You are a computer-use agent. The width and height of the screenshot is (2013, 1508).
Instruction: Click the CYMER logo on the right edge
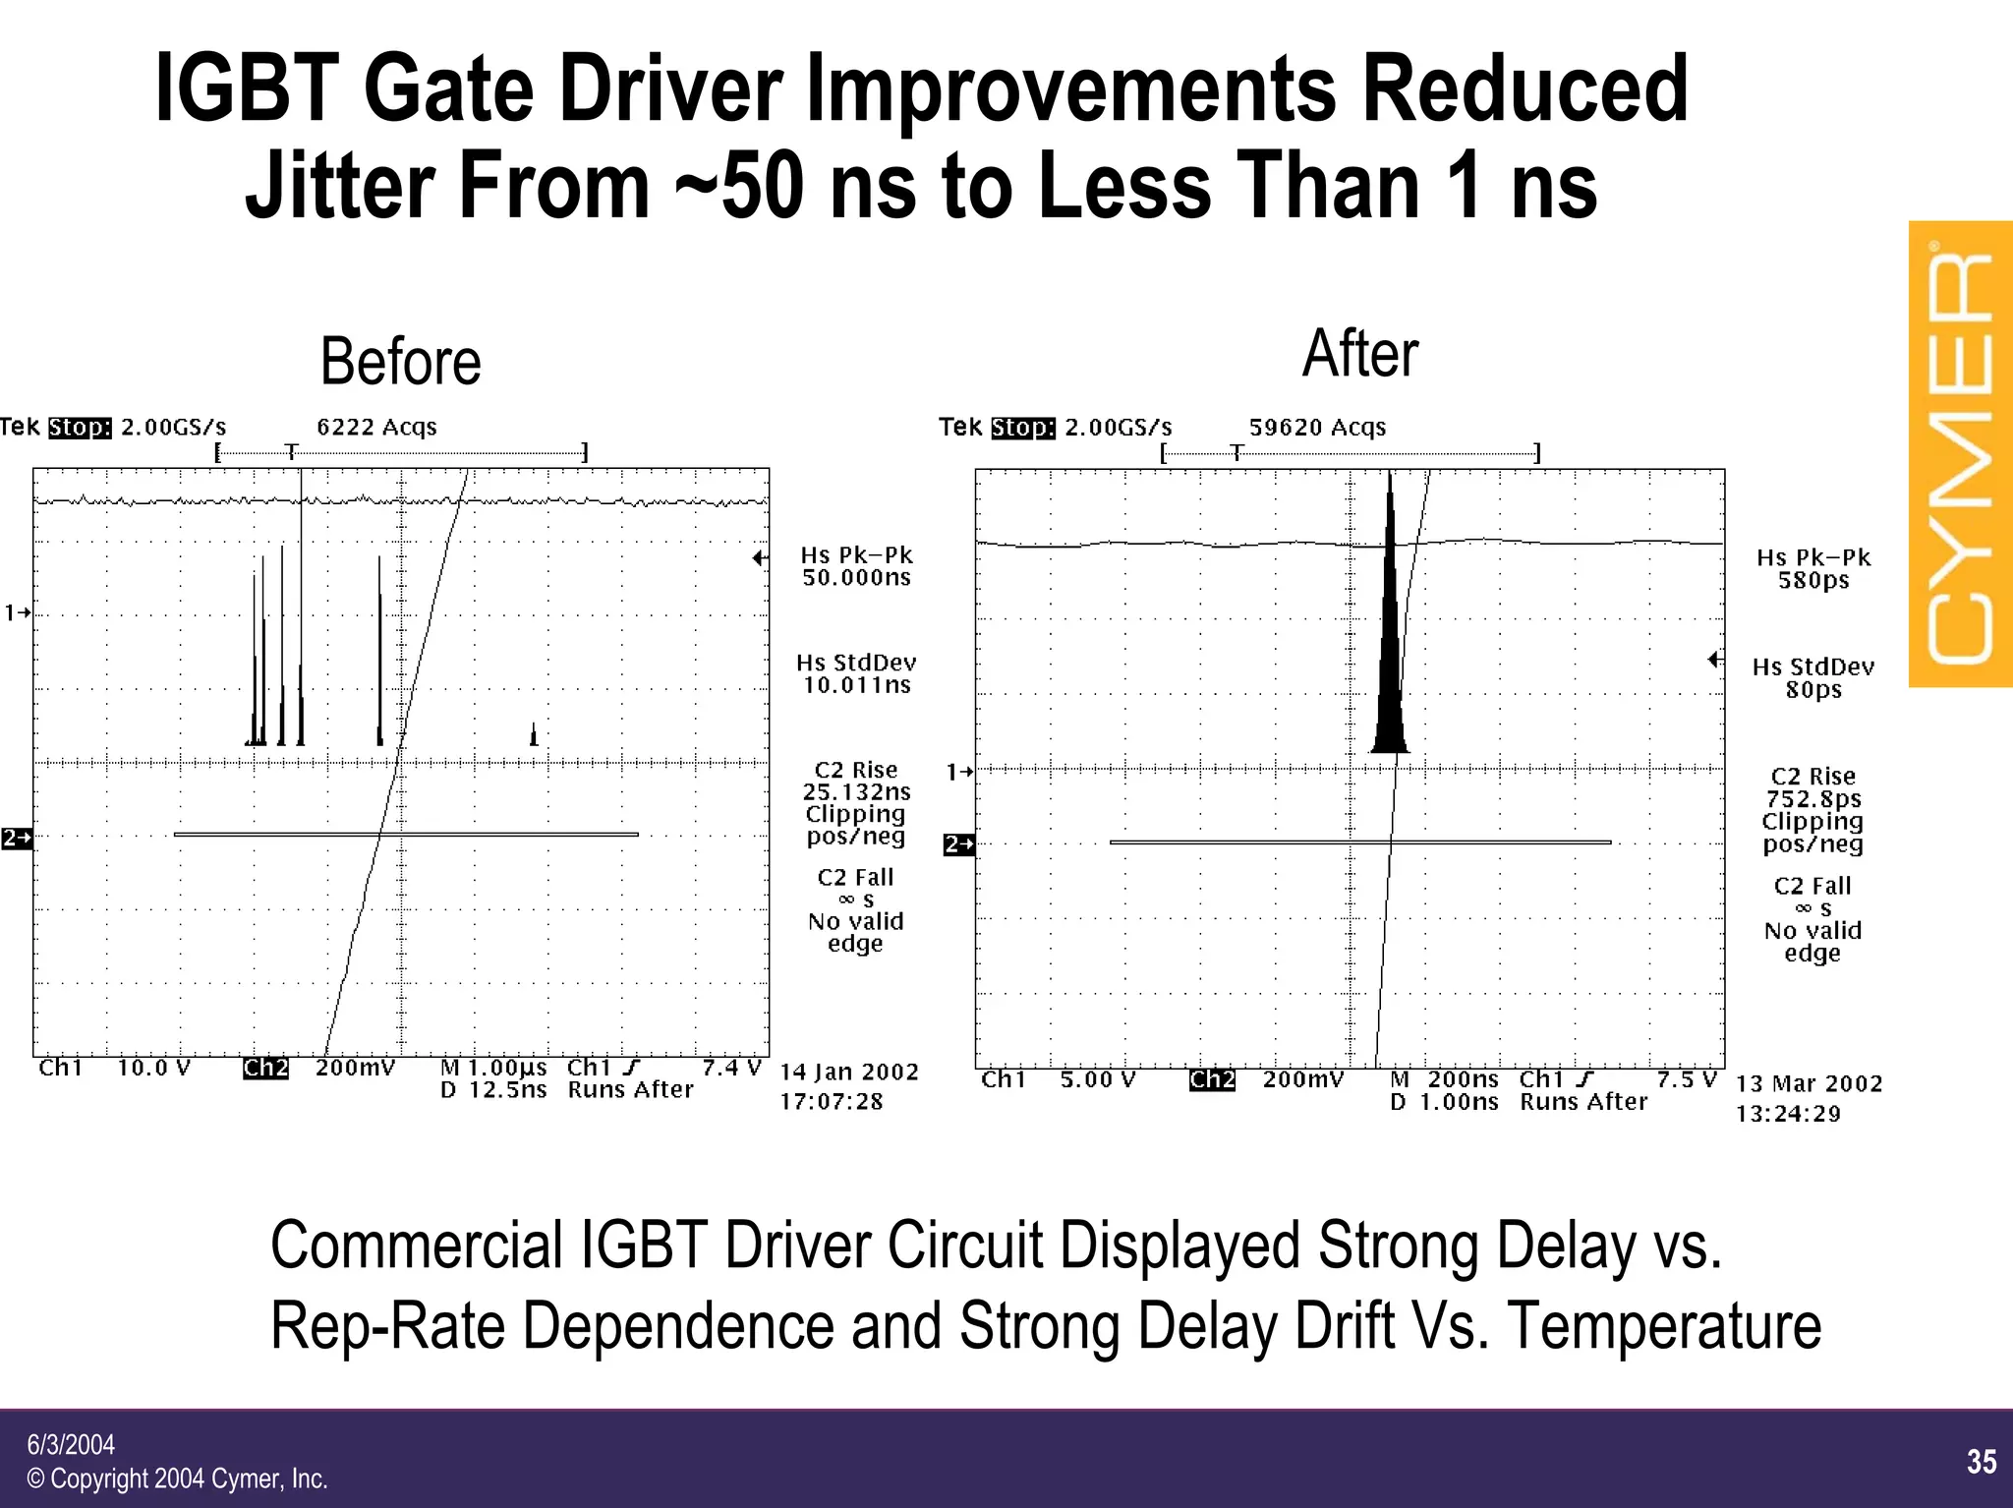1960,454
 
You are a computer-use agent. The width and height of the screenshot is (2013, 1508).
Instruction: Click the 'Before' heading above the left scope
400,361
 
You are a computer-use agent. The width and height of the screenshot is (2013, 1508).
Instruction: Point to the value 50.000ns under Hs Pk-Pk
856,578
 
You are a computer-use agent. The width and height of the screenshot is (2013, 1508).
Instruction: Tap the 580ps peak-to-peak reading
1812,581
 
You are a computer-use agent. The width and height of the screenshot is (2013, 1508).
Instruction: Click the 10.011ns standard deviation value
856,685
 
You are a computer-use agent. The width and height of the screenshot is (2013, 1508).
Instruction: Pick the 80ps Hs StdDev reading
1812,690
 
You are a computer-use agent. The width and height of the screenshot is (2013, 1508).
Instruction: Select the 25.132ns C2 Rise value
856,792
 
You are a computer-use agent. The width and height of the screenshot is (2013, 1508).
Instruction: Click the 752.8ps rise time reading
1812,799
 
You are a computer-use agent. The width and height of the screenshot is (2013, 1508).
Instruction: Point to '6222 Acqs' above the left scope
376,427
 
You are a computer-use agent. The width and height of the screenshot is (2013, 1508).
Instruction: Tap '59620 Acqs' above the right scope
1316,428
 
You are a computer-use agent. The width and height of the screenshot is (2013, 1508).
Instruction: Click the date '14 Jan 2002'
849,1072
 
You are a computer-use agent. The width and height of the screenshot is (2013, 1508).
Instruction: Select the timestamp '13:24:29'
1787,1114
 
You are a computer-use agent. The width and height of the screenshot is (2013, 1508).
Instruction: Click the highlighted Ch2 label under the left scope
265,1068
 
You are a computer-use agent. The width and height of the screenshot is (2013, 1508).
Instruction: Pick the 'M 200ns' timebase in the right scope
1444,1079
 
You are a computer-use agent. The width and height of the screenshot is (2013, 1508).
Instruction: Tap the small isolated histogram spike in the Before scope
534,735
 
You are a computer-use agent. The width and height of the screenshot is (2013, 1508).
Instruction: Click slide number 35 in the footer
1981,1462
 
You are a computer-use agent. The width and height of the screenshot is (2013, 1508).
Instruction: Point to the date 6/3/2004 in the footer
71,1444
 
